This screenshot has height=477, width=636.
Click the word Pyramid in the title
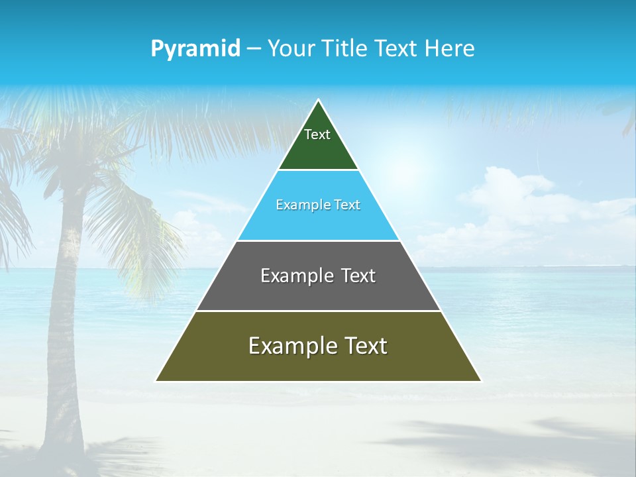195,49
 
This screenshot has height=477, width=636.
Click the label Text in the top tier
317,134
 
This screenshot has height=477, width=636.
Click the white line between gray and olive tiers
318,311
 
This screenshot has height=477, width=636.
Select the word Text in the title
397,49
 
